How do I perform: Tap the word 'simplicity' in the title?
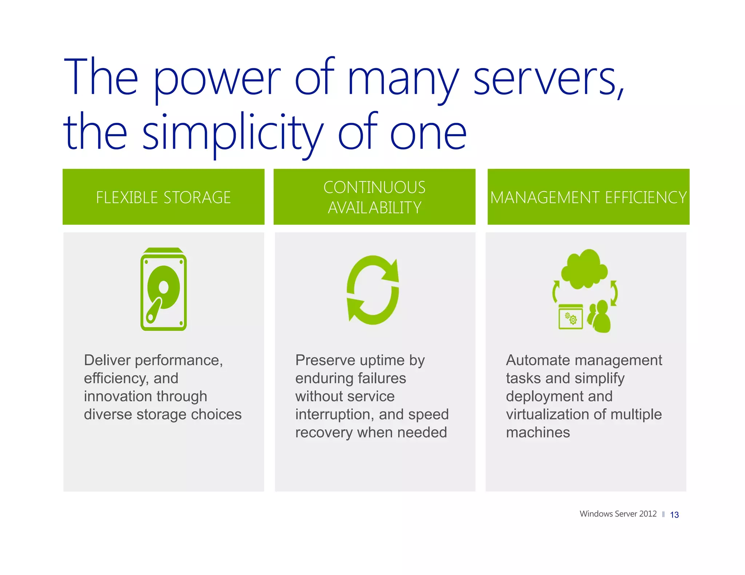click(x=233, y=133)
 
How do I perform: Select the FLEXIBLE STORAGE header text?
click(x=163, y=197)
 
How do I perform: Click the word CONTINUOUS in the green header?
click(x=374, y=188)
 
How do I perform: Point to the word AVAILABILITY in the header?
click(x=374, y=208)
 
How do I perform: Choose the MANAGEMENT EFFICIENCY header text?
click(x=588, y=197)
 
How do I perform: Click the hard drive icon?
click(x=163, y=289)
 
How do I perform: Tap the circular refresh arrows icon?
click(x=373, y=290)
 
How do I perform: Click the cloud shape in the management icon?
click(x=584, y=269)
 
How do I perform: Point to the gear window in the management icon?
click(x=570, y=317)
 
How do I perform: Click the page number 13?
click(x=674, y=515)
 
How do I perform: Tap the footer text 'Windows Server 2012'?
click(x=618, y=514)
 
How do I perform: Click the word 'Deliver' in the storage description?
click(x=107, y=360)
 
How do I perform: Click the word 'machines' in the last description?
click(x=538, y=433)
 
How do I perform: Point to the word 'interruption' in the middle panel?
click(x=335, y=414)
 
